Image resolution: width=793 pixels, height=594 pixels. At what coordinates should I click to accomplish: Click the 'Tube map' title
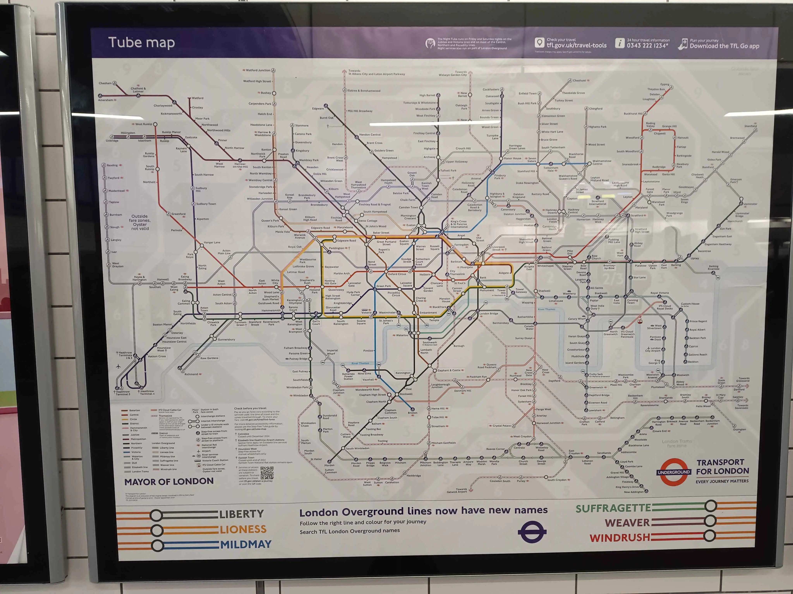[141, 43]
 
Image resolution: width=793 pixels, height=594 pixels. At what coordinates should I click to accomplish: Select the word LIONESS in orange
[243, 529]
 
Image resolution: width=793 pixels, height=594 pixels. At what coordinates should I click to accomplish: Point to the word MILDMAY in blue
[246, 544]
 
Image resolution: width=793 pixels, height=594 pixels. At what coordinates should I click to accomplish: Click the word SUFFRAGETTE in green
[613, 508]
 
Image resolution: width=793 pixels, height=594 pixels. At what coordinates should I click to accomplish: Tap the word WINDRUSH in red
[620, 537]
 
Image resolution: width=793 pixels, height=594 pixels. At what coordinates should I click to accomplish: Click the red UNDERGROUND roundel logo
[674, 472]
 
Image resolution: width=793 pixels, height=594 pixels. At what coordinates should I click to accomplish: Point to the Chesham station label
[105, 83]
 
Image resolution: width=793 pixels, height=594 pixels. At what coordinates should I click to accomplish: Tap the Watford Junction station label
[258, 70]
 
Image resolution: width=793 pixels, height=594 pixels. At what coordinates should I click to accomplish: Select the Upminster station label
[750, 204]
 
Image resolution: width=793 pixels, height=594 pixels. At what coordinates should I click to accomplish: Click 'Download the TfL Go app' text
[724, 46]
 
